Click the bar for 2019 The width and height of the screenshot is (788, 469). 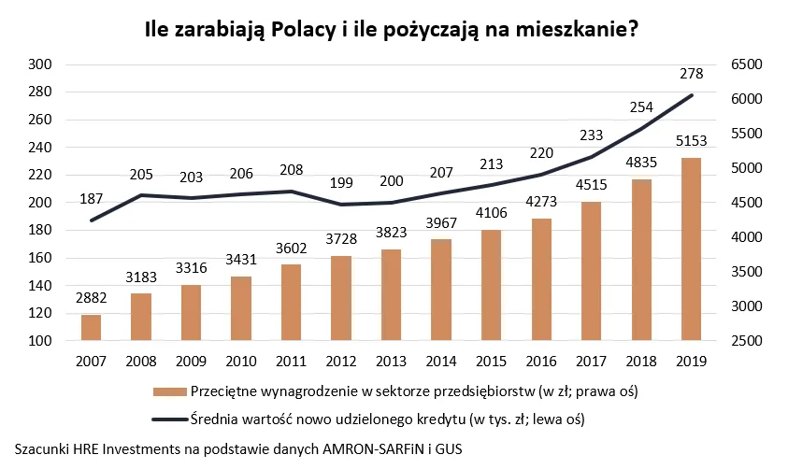(691, 249)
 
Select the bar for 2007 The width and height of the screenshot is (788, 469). (91, 328)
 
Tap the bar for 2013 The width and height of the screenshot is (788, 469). (391, 295)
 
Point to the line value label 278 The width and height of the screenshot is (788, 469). (691, 75)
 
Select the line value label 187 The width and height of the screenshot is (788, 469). (91, 199)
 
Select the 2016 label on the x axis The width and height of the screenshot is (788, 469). (541, 359)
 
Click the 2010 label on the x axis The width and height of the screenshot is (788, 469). (241, 359)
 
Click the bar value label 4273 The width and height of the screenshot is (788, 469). (541, 205)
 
